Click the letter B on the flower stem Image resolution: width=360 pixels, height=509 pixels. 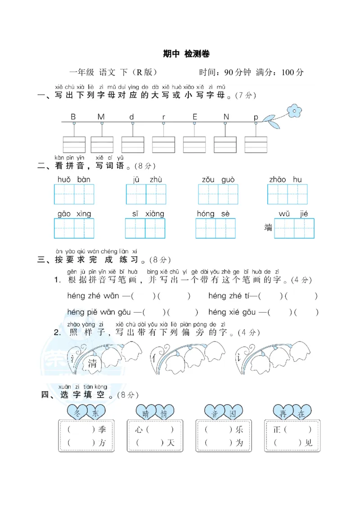coord(73,117)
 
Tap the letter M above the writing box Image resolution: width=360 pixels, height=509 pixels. coord(101,117)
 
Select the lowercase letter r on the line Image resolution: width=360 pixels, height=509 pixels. coord(164,117)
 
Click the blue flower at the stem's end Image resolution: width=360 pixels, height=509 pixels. coord(294,110)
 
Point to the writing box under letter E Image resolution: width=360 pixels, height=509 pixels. coord(194,144)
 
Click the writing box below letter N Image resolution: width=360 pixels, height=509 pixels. coord(225,144)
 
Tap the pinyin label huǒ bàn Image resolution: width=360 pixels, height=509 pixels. coord(74,179)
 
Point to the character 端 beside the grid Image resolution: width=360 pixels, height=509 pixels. coord(269,228)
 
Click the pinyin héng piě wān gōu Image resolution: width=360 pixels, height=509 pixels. coord(99,312)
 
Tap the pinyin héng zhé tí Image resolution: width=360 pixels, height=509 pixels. coord(229,296)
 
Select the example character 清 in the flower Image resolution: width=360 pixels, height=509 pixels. coord(92,364)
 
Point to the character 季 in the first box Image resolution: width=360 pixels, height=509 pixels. coord(102,429)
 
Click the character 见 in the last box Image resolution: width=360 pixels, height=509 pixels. coord(308,443)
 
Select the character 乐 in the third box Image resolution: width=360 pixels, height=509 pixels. coord(239,429)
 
